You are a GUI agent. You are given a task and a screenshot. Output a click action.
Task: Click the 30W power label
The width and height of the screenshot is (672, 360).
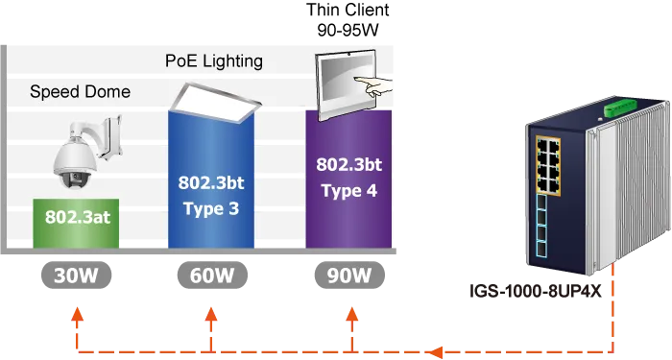click(x=76, y=276)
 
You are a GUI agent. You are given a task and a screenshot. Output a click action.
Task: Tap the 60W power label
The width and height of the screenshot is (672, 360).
click(x=212, y=276)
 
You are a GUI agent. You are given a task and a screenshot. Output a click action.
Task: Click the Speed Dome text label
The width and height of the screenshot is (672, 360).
click(x=80, y=92)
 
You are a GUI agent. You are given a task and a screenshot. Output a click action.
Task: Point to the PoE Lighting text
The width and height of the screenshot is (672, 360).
click(x=214, y=61)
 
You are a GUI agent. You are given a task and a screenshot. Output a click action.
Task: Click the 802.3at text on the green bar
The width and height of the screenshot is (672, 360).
click(x=78, y=218)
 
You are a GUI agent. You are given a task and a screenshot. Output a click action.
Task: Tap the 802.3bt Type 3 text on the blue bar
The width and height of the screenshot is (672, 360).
click(x=212, y=194)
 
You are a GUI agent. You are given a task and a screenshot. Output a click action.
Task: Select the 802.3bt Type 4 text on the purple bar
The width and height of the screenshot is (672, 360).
click(x=348, y=177)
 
